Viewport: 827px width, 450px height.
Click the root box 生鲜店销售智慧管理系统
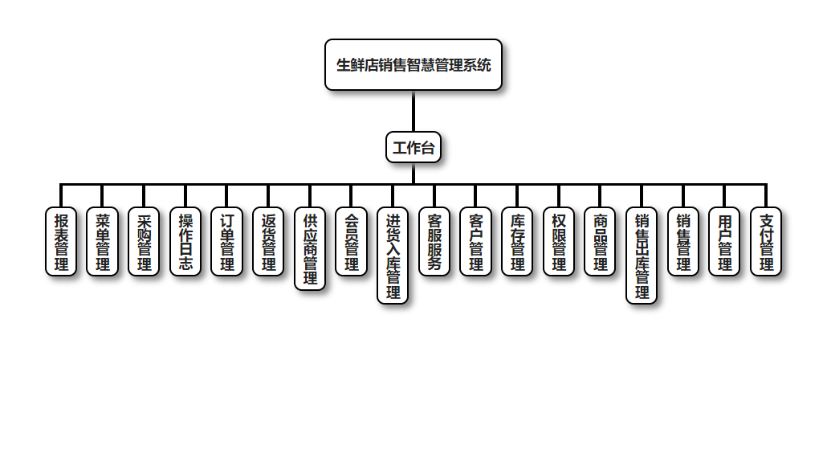coord(413,65)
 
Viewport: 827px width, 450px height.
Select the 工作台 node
coord(413,147)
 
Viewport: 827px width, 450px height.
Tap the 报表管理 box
coord(61,242)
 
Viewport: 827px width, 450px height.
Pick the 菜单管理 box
coord(103,242)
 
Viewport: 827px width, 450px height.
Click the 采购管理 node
coord(145,242)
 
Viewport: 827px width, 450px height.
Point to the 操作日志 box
coord(185,242)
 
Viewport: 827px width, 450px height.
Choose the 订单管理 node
coord(227,242)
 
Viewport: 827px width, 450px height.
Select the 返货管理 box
coord(269,242)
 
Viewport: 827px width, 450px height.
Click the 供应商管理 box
coord(310,248)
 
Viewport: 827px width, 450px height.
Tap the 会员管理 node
coord(352,242)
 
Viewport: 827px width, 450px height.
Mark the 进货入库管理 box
coord(393,256)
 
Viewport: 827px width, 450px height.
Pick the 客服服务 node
coord(434,242)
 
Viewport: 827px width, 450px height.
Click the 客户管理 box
coord(476,242)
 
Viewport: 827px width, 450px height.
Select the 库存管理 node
coord(518,242)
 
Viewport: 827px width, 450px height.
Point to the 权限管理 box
coord(559,242)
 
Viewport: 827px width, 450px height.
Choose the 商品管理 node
coord(601,242)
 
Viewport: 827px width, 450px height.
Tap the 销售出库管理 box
coord(642,256)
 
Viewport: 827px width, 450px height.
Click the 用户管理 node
coord(725,242)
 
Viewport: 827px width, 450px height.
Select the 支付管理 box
coord(766,242)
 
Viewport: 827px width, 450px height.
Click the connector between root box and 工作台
coord(413,111)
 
